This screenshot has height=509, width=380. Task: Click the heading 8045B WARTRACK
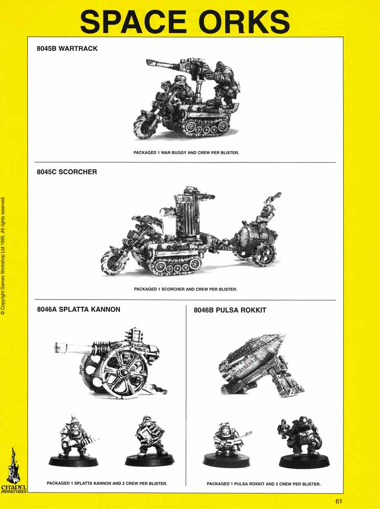[67, 49]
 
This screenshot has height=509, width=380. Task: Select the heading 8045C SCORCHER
[67, 172]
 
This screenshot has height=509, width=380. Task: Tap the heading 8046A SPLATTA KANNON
[79, 310]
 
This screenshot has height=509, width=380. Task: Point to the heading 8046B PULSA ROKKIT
[230, 310]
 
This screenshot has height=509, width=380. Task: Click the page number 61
[338, 501]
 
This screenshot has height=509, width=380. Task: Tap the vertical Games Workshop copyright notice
[3, 255]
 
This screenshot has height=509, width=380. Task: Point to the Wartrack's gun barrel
[163, 65]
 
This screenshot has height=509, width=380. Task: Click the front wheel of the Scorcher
[112, 261]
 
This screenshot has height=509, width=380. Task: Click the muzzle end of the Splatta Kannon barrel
[57, 348]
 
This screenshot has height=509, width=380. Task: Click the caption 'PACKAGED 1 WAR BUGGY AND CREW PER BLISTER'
[186, 152]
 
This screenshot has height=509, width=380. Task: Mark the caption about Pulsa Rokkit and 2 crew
[263, 484]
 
